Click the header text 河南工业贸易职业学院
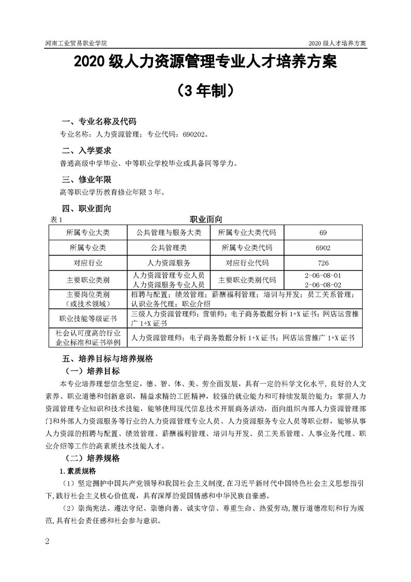[x=73, y=43]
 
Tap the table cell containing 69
[x=323, y=232]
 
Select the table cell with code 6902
[x=323, y=247]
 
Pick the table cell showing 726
[x=323, y=262]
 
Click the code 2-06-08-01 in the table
[x=323, y=275]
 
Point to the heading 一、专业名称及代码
[x=99, y=122]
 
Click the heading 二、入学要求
[x=86, y=150]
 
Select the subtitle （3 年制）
[x=205, y=91]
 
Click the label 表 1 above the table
[x=55, y=220]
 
